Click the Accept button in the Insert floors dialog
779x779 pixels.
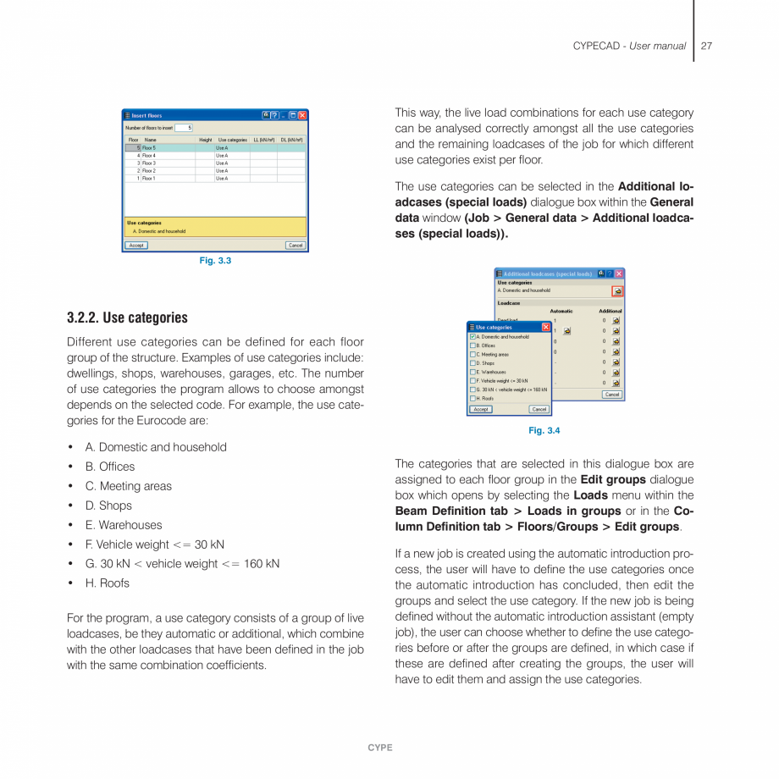point(135,246)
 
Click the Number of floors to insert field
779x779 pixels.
point(184,128)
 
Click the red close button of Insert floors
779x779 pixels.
point(302,115)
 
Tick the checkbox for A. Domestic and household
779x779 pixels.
point(472,337)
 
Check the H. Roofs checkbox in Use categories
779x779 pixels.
point(472,398)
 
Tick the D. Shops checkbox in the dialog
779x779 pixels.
point(472,363)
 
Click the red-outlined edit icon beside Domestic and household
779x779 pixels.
point(617,291)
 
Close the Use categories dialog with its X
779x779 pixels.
point(545,327)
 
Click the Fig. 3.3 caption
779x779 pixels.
point(215,261)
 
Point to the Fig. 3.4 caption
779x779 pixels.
point(544,431)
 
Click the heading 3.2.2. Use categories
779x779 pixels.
point(127,318)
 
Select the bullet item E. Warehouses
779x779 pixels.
point(123,525)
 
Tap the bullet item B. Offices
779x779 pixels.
point(109,467)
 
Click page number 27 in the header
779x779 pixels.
point(706,46)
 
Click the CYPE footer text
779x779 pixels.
point(380,748)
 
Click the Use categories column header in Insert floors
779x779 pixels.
point(232,140)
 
